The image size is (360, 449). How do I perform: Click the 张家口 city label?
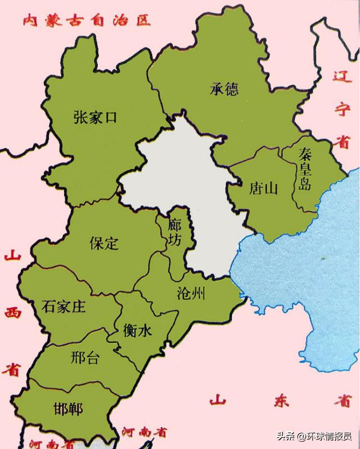pos(95,117)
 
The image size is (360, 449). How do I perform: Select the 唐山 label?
pos(263,188)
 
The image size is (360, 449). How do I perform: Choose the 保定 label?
pos(104,243)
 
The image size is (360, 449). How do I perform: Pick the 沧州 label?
pos(191,294)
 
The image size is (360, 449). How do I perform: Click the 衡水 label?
pos(138,330)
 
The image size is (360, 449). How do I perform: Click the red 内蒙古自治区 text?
pos(86,21)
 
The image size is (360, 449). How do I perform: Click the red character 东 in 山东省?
pos(281,401)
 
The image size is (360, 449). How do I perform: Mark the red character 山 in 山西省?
pos(11,257)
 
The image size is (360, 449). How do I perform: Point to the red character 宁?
pos(342,109)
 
